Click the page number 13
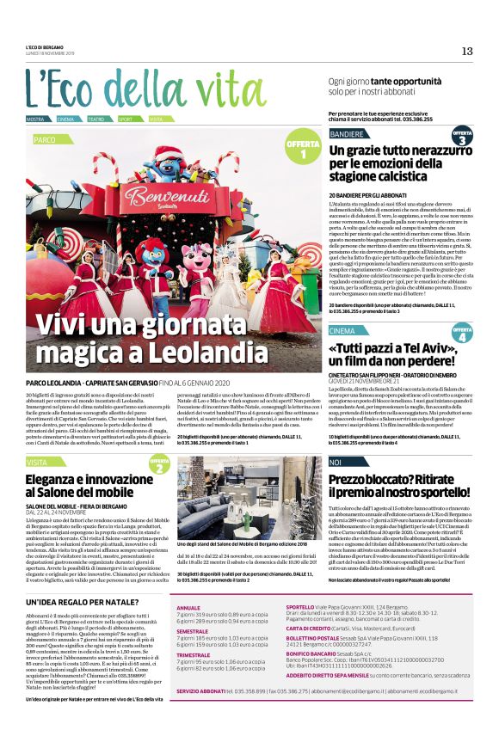point(467,51)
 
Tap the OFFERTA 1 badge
point(303,148)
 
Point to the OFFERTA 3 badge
point(462,137)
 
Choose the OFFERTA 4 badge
point(462,333)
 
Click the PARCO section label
point(45,138)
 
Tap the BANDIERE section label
point(347,135)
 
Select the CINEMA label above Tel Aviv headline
point(342,331)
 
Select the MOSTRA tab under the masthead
point(35,119)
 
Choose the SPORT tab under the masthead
point(126,119)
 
